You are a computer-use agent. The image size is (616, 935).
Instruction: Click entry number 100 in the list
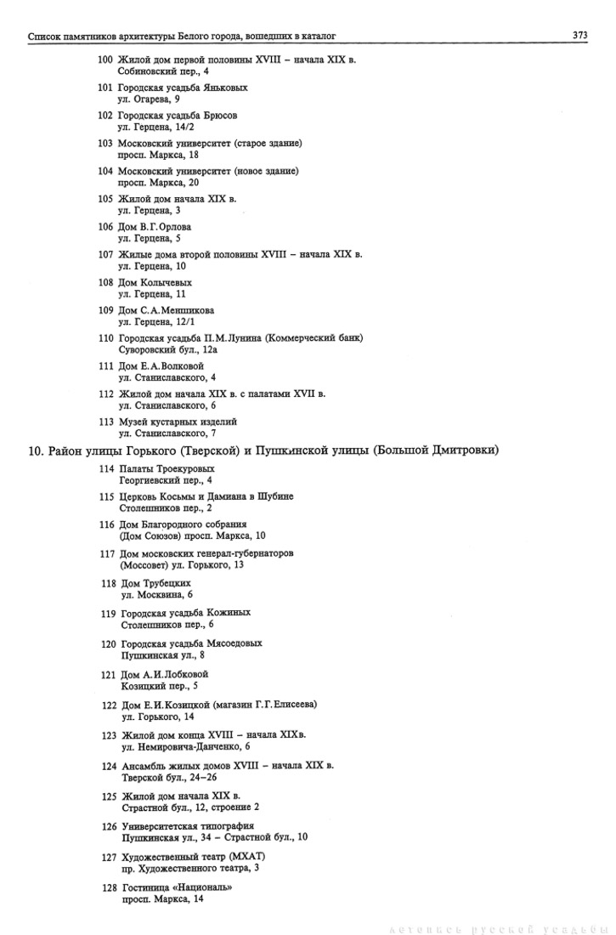click(105, 59)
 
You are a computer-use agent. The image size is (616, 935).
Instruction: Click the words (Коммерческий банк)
click(314, 337)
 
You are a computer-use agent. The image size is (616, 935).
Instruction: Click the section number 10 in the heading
click(35, 450)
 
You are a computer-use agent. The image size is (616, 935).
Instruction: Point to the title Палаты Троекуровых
click(167, 468)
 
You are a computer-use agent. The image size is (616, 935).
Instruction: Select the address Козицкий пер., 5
click(159, 685)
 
